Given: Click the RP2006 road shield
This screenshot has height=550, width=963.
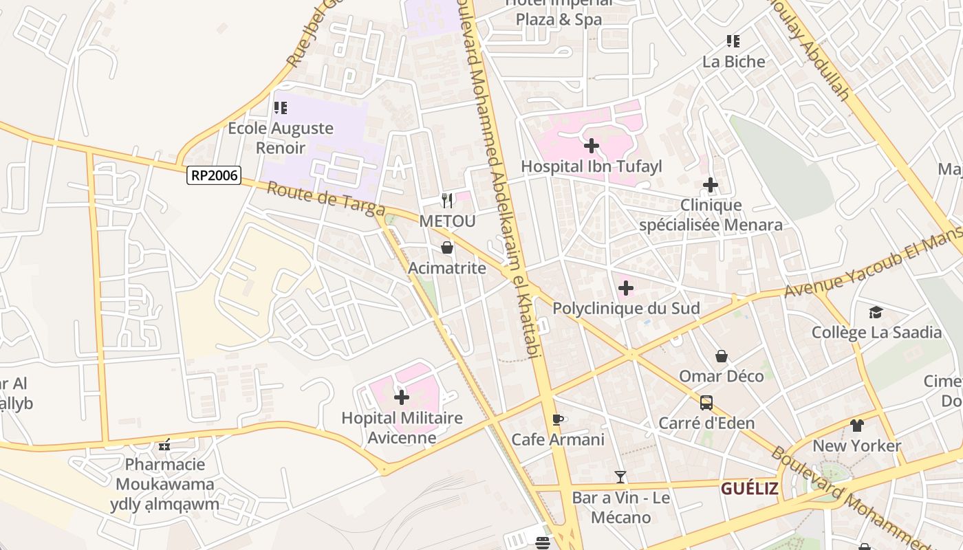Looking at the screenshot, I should pyautogui.click(x=214, y=175).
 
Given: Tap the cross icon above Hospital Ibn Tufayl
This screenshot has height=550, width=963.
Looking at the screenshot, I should pyautogui.click(x=591, y=146).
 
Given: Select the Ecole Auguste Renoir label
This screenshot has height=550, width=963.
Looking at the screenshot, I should pyautogui.click(x=281, y=137).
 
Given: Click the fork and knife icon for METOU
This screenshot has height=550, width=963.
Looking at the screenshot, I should pyautogui.click(x=447, y=201).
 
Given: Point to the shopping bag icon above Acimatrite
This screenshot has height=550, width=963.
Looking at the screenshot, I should pyautogui.click(x=447, y=247).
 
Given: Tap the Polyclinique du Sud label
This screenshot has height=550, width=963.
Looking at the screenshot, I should pyautogui.click(x=626, y=309).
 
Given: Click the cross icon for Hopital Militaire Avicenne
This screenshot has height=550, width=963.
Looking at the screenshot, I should pyautogui.click(x=402, y=397).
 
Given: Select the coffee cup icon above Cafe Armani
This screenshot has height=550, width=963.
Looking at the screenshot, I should pyautogui.click(x=558, y=419).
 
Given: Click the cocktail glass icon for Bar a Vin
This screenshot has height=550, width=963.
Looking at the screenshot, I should pyautogui.click(x=620, y=477).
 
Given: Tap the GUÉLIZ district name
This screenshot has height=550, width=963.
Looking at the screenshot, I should pyautogui.click(x=749, y=489).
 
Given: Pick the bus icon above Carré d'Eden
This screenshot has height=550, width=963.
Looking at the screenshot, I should pyautogui.click(x=706, y=403).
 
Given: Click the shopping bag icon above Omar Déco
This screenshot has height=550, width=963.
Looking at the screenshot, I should pyautogui.click(x=722, y=356).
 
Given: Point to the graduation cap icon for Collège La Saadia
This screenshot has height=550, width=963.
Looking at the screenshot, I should pyautogui.click(x=876, y=313).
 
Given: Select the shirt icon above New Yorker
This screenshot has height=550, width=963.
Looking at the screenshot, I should pyautogui.click(x=856, y=426).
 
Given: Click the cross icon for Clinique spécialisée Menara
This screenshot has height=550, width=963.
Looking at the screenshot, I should pyautogui.click(x=711, y=185).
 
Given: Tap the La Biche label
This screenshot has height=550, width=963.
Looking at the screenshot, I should pyautogui.click(x=733, y=62).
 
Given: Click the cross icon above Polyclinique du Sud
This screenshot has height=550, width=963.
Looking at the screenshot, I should pyautogui.click(x=625, y=288).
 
